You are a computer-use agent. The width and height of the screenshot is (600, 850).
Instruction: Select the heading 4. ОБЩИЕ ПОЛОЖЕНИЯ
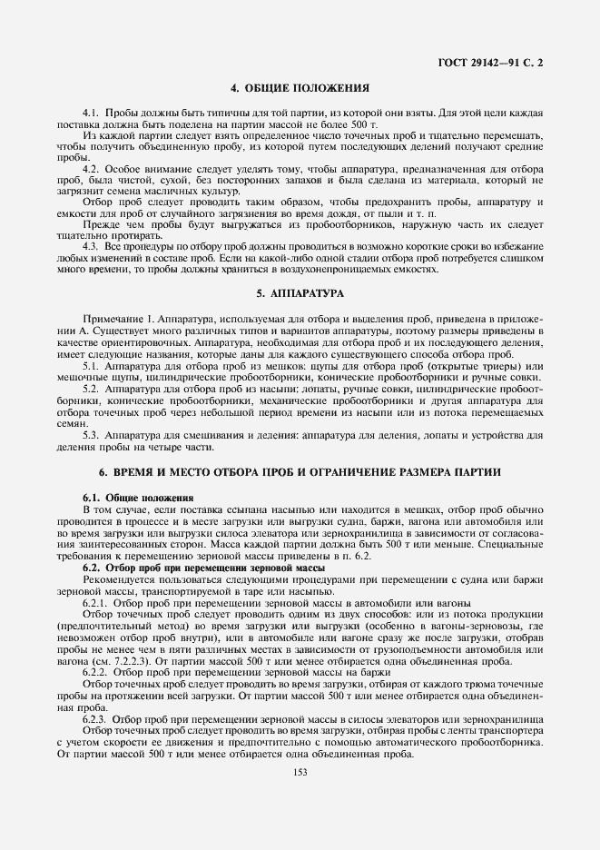coord(300,88)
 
